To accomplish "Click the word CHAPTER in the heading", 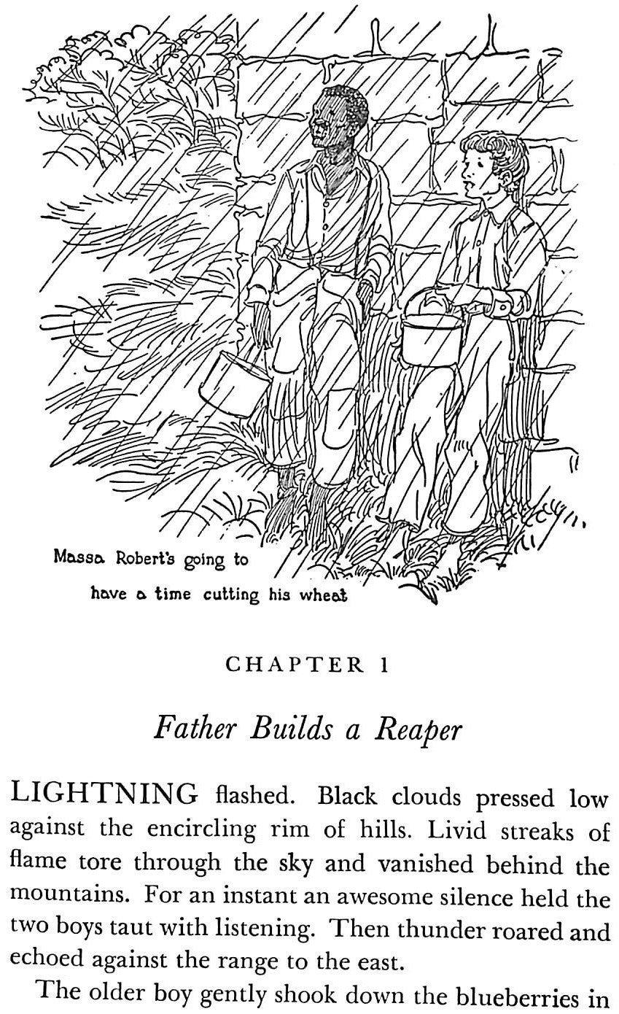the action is click(294, 665).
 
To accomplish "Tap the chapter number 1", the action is click(384, 665).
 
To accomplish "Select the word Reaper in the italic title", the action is click(418, 730).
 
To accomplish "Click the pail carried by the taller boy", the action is click(234, 384).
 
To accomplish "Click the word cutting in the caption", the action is click(231, 595).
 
